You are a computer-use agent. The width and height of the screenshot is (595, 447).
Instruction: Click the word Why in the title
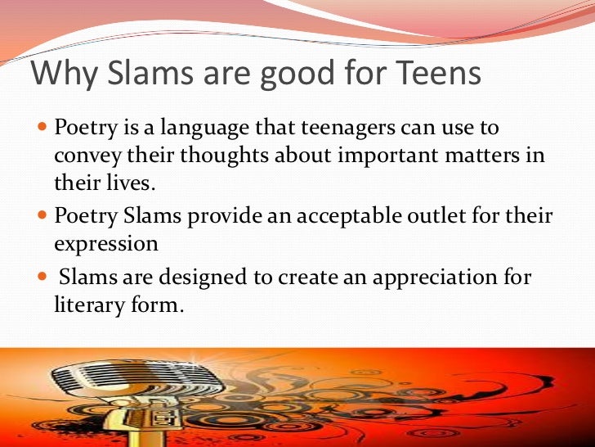60,75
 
